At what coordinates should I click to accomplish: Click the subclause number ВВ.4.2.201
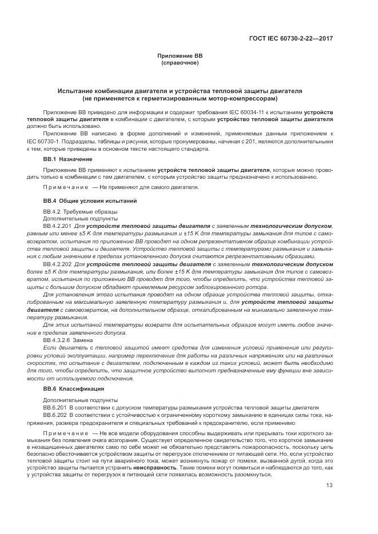[x=58, y=226]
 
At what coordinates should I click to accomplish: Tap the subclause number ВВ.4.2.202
[x=58, y=264]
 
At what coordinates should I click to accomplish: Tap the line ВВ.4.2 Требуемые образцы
[x=69, y=212]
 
